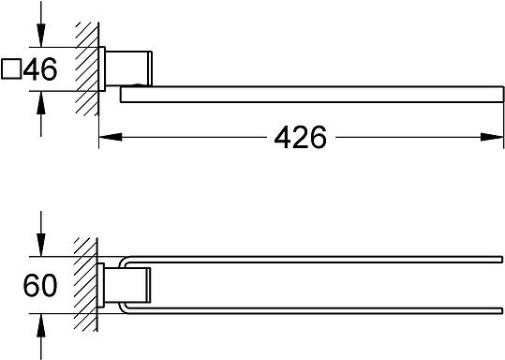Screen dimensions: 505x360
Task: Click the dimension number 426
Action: [300, 137]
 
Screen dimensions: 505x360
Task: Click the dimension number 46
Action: [40, 69]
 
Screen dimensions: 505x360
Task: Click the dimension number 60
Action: [40, 285]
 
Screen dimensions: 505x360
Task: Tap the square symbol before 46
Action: [11, 68]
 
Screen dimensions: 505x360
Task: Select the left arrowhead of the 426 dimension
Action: [111, 137]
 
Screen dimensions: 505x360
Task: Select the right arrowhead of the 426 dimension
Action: [492, 137]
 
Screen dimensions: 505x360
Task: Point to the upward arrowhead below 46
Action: [41, 103]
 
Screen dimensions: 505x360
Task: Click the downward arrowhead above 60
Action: [41, 245]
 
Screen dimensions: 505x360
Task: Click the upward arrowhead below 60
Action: [41, 325]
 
